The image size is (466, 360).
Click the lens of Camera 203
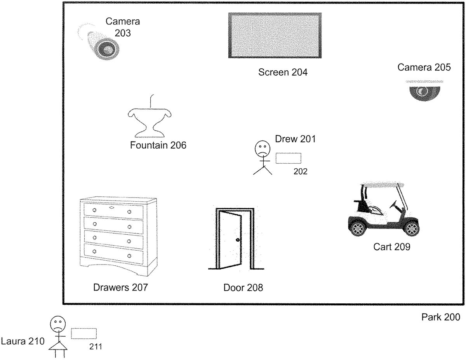108,50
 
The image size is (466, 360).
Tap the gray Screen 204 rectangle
275,35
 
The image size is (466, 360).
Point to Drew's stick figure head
262,149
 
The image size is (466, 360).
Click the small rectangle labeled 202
288,158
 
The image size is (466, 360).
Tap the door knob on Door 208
238,240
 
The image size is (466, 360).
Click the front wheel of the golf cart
412,229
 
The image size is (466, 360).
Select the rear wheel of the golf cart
358,229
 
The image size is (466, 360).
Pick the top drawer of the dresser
113,211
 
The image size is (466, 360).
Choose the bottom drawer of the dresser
113,254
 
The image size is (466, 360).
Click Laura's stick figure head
58,324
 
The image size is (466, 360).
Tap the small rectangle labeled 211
83,334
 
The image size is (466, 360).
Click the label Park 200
441,317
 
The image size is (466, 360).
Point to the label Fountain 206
158,145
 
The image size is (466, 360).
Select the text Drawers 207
120,287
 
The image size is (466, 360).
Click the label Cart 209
392,247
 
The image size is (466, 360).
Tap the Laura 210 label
23,341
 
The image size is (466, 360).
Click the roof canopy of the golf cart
383,184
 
